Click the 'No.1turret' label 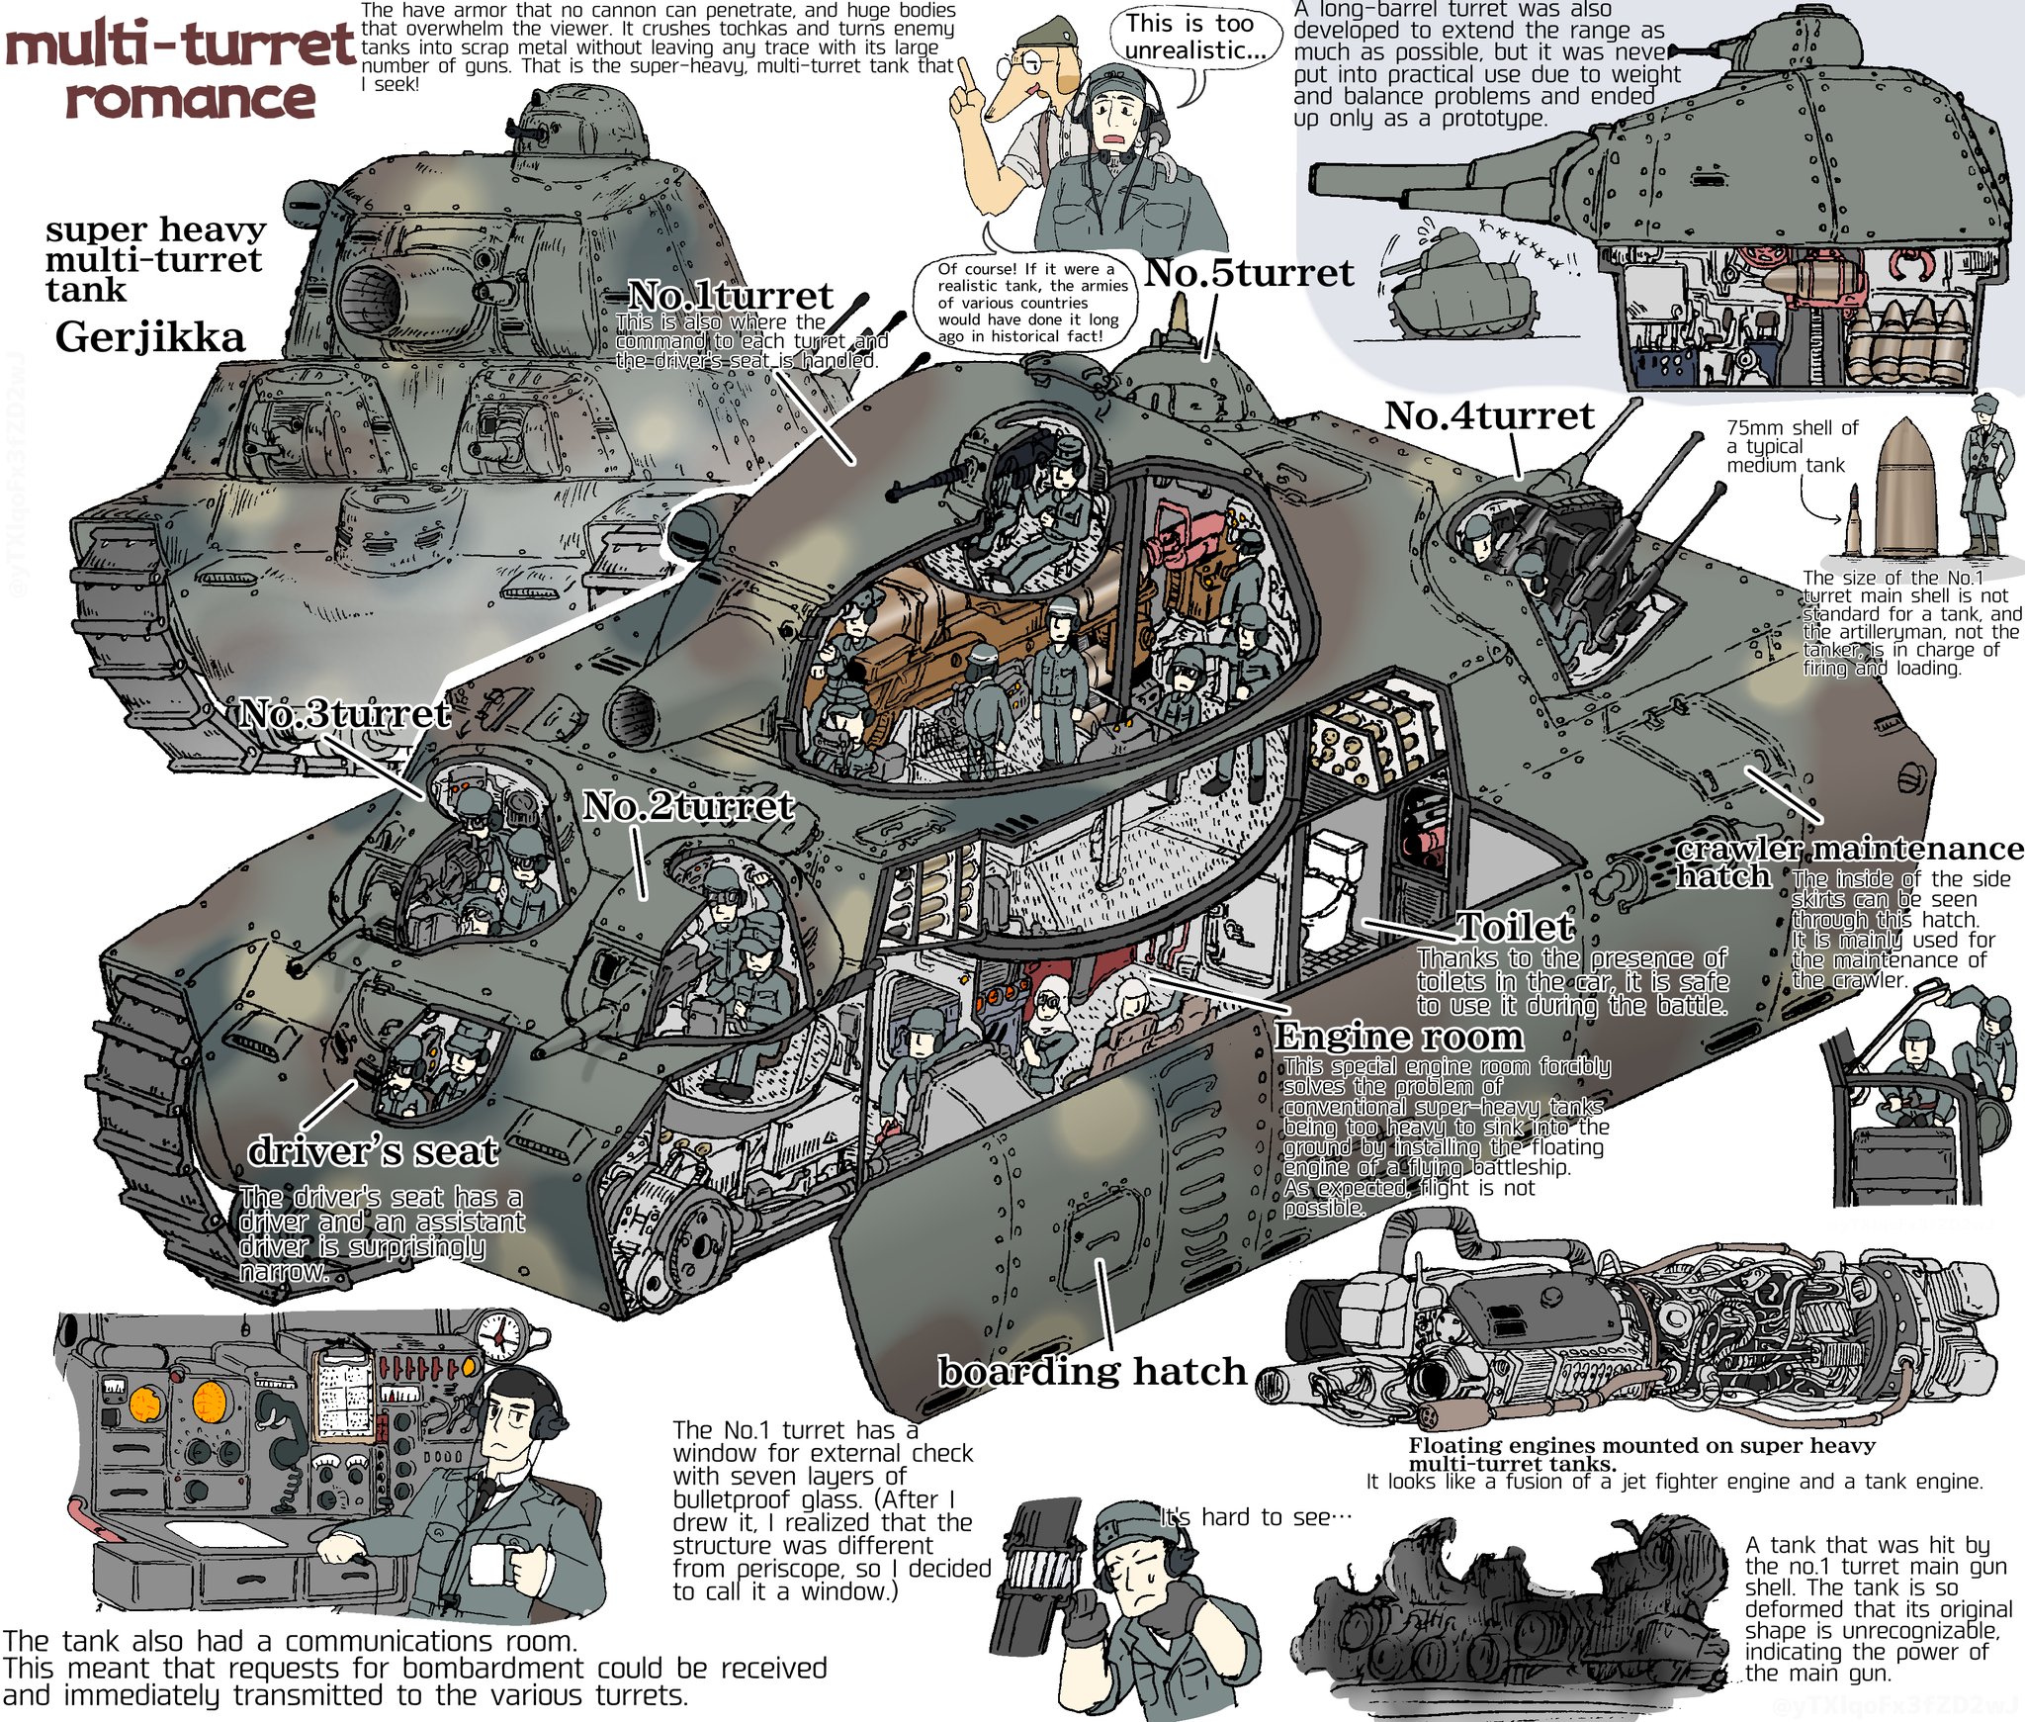tap(731, 295)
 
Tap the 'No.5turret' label tap(1249, 273)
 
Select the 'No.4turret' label tap(1489, 415)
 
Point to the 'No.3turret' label tap(345, 713)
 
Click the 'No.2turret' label tap(688, 805)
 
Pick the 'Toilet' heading tap(1515, 927)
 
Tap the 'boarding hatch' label tap(1093, 1371)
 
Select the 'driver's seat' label tap(373, 1150)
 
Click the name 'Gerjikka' tap(150, 337)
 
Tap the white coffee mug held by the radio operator tap(486, 1565)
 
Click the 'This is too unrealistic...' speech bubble tap(1190, 38)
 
